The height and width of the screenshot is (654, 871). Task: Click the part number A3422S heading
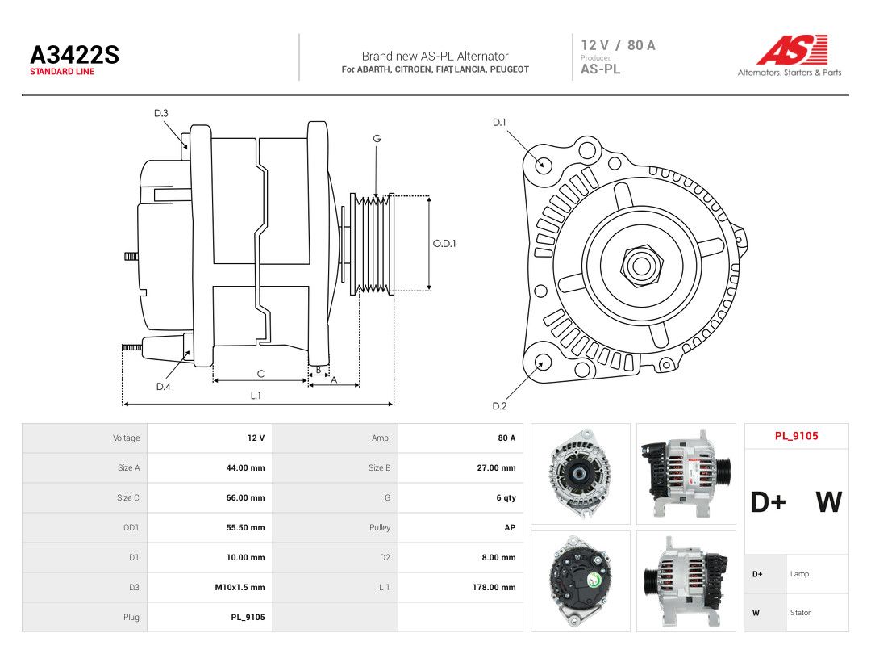click(x=74, y=55)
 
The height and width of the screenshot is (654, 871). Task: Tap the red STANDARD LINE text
click(x=62, y=72)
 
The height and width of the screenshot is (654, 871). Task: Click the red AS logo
click(x=792, y=49)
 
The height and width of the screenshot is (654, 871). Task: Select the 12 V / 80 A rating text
click(x=619, y=45)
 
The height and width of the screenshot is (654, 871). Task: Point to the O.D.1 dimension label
click(x=444, y=244)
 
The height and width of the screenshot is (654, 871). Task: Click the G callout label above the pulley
click(x=377, y=139)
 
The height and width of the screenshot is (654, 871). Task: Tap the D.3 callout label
click(x=161, y=114)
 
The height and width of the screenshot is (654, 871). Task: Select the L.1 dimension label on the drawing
click(x=256, y=396)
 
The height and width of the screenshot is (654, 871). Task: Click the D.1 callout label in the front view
click(x=499, y=123)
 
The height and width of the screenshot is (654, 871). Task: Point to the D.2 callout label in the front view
click(x=499, y=406)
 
